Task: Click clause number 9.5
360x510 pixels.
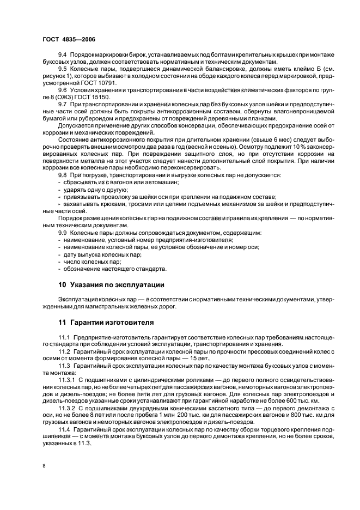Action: tap(63, 69)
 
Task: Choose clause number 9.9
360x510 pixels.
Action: tap(63, 233)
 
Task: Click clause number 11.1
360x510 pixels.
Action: tap(64, 338)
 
